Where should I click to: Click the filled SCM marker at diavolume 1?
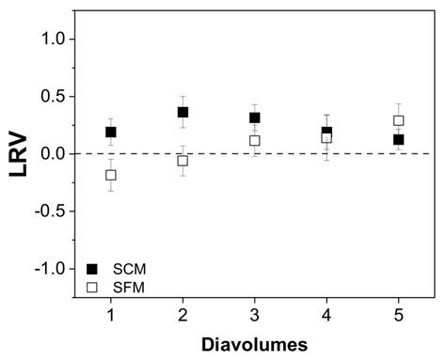click(111, 133)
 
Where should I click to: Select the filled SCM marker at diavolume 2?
click(183, 113)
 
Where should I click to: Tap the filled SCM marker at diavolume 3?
click(255, 118)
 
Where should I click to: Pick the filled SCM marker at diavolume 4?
click(327, 133)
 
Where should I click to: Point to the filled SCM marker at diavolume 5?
click(399, 140)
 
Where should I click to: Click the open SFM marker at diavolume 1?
click(111, 175)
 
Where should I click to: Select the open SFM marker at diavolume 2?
click(183, 161)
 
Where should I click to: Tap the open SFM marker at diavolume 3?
click(255, 141)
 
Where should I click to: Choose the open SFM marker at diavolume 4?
click(327, 138)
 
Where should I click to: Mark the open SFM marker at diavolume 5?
click(399, 120)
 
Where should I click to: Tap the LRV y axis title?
click(17, 153)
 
